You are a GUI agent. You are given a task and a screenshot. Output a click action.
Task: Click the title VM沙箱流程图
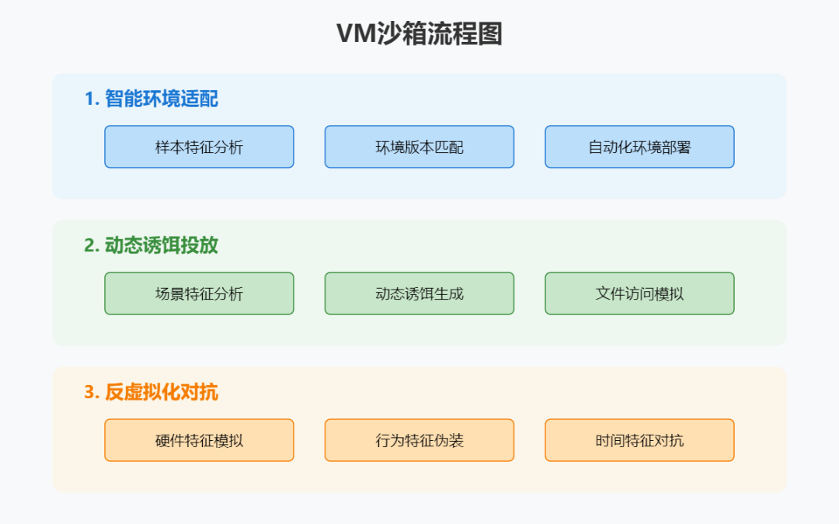tap(419, 33)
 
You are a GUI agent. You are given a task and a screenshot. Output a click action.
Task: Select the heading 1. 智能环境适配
tap(151, 99)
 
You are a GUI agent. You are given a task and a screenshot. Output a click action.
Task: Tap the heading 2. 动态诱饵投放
tap(151, 245)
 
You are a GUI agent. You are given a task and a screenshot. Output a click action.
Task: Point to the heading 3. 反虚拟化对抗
tap(151, 392)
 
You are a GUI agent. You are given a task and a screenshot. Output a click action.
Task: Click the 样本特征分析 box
tap(199, 147)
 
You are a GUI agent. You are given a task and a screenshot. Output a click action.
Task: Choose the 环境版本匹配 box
tap(419, 147)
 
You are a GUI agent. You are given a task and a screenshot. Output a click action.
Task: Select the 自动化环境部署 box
tap(639, 147)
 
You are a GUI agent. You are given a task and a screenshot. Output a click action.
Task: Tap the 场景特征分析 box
tap(199, 293)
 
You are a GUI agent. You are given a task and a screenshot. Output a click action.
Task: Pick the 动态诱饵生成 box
tap(419, 293)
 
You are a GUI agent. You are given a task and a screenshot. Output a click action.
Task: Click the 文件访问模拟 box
tap(639, 293)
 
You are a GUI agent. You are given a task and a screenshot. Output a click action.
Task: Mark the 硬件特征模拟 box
tap(199, 440)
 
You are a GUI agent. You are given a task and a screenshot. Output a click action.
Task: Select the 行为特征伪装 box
tap(419, 440)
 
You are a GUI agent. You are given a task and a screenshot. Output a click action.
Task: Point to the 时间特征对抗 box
tap(639, 440)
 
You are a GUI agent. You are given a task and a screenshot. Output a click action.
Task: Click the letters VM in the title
tap(355, 34)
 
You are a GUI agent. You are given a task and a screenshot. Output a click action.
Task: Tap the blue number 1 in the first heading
tap(89, 99)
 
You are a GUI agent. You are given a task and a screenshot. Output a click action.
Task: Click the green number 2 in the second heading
tap(89, 246)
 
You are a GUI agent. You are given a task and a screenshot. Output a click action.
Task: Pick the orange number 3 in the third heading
tap(89, 393)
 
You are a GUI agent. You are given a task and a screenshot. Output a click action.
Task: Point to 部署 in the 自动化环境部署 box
tap(674, 147)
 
